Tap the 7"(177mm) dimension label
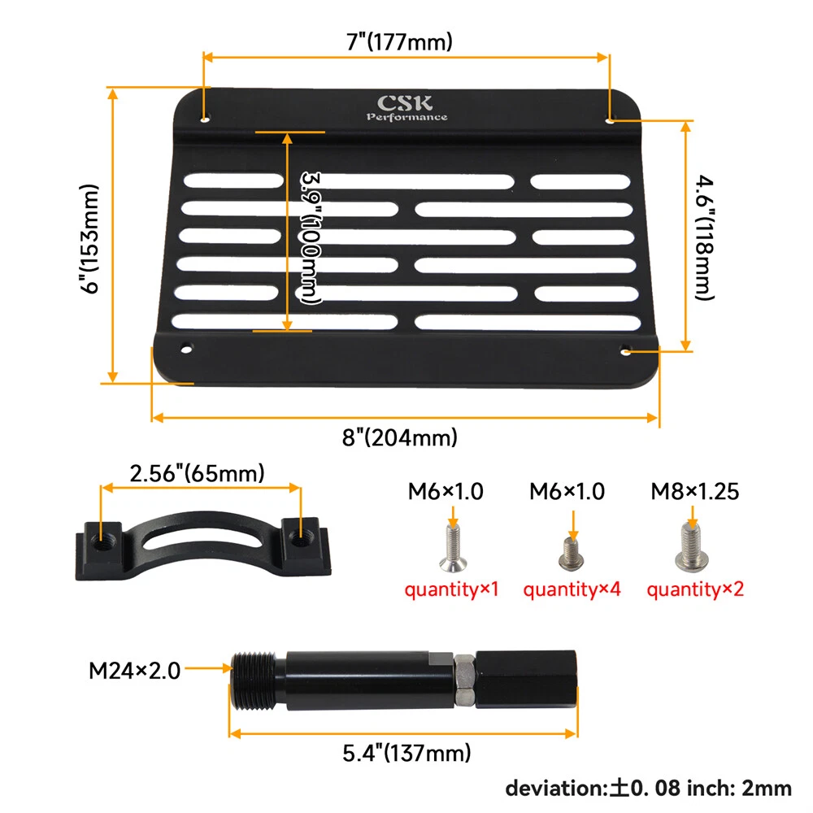[x=399, y=41]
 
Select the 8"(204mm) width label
[x=400, y=437]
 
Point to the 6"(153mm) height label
[x=89, y=238]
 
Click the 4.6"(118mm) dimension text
[x=705, y=237]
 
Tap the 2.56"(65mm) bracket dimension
[x=197, y=473]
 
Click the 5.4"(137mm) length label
[x=406, y=753]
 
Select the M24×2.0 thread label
[x=134, y=671]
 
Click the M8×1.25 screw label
[x=695, y=491]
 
